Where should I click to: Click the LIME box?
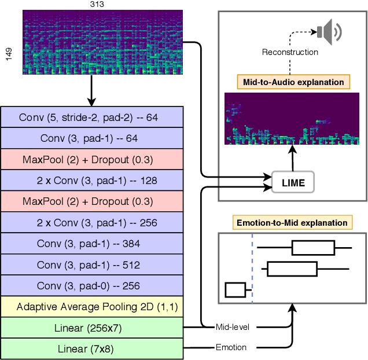293,182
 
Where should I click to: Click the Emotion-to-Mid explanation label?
292,222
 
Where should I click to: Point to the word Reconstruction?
290,52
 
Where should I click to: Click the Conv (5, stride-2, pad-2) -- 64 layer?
93,117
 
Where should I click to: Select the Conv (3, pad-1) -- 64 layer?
93,138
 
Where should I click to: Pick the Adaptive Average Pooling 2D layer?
93,306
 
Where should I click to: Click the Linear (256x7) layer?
93,328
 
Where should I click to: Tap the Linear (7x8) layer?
93,348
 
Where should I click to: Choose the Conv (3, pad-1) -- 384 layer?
93,244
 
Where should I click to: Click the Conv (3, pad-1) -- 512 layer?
93,265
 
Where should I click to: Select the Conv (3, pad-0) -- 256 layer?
93,285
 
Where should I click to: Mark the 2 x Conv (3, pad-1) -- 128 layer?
93,181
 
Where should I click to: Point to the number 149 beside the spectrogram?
8,53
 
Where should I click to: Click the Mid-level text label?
232,327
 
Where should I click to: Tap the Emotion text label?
231,347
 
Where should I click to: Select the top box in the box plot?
313,248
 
